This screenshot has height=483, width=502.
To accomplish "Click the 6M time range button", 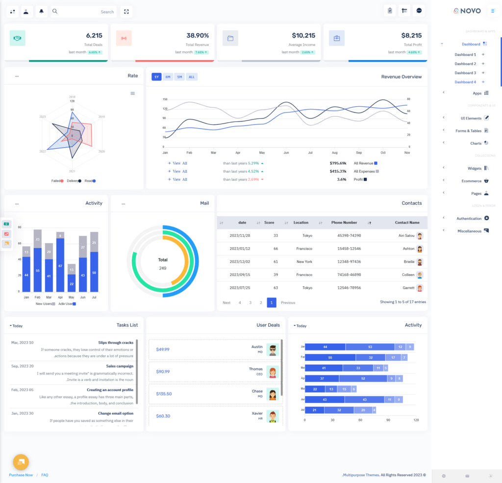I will [x=168, y=77].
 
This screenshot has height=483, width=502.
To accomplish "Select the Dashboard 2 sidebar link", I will [x=465, y=64].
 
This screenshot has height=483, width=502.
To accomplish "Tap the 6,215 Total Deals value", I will [x=94, y=35].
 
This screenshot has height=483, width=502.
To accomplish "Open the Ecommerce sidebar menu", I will [x=471, y=181].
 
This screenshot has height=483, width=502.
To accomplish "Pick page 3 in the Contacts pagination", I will [x=250, y=302].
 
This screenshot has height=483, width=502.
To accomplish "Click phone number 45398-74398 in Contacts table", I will [x=349, y=235].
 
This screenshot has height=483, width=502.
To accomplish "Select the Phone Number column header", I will [x=344, y=223].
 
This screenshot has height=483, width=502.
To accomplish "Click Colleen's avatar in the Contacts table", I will [x=420, y=275].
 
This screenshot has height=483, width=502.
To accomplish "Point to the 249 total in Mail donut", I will [x=163, y=268].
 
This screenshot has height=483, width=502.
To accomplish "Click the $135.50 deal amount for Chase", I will [x=164, y=393].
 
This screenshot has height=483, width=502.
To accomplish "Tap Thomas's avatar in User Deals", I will [x=273, y=372].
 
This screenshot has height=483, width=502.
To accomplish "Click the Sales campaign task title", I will [x=120, y=366].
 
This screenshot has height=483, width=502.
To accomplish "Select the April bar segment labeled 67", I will [x=60, y=266].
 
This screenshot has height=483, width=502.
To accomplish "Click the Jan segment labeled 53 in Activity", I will [x=370, y=347].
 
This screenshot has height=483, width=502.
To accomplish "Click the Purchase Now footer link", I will [x=21, y=475].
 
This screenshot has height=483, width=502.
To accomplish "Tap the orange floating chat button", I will [x=21, y=461].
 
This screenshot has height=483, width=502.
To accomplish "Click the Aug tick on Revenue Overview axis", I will [x=335, y=153].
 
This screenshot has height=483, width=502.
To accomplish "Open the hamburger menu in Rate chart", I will [x=133, y=93].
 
